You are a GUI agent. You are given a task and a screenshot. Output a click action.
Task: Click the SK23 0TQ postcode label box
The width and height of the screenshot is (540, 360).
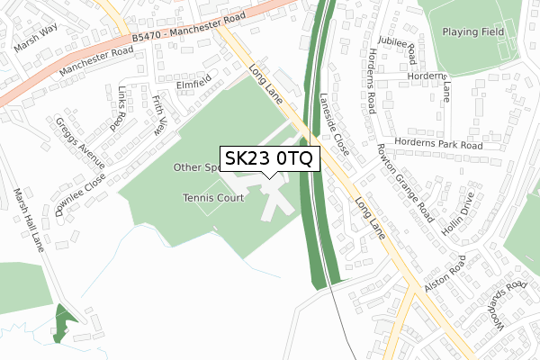coord(269,158)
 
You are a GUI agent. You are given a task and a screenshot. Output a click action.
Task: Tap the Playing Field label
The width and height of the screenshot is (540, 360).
coord(473,32)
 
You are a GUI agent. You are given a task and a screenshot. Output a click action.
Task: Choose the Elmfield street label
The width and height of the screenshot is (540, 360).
coord(193,87)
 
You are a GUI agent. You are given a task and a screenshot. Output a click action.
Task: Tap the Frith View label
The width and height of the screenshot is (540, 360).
coord(160,114)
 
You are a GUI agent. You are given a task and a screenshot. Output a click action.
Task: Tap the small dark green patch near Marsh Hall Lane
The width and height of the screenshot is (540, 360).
coord(60,324)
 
